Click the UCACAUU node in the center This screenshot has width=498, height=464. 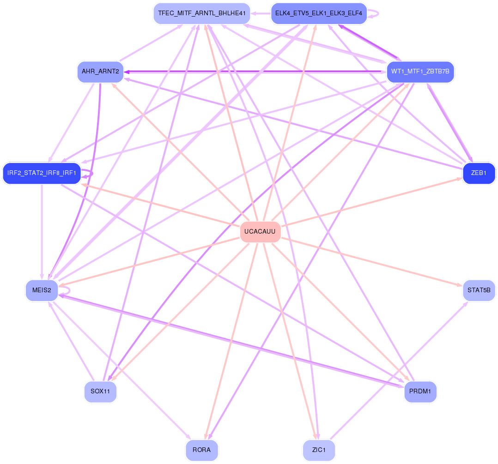(261, 232)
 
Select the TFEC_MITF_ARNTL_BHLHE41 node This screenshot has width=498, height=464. (201, 13)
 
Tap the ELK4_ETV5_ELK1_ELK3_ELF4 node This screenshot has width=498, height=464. (319, 13)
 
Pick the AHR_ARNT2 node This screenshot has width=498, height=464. (100, 72)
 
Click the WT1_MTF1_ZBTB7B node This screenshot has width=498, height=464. (420, 71)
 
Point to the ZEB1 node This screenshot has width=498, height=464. (479, 173)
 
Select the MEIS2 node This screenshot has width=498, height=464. (42, 290)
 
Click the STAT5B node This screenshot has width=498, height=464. (479, 290)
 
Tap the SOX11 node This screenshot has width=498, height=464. (100, 392)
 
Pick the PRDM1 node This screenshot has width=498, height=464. (420, 392)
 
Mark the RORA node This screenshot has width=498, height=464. (201, 450)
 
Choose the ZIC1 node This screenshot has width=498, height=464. (319, 450)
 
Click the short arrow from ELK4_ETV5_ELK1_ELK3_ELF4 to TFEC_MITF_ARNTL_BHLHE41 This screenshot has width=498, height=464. (261, 13)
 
